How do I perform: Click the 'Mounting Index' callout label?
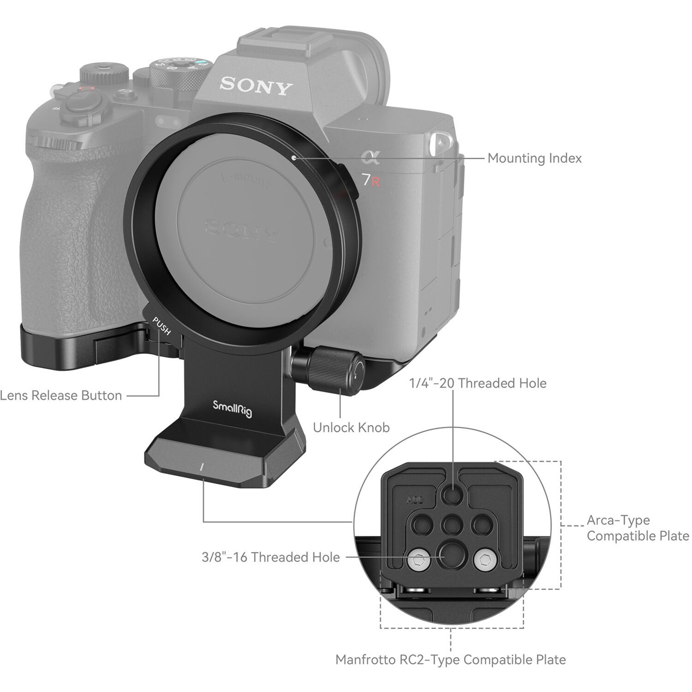534,158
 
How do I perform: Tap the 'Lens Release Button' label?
61,395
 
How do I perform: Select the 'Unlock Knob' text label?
351,428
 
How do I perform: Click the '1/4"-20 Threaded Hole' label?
477,383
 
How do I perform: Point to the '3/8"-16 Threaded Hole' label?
271,557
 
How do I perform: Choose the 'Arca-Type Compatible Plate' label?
638,528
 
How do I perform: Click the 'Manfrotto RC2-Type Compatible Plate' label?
450,660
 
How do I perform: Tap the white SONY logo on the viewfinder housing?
256,86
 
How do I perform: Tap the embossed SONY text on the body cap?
242,229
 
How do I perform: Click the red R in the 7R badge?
376,181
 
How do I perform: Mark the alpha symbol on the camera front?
370,158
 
